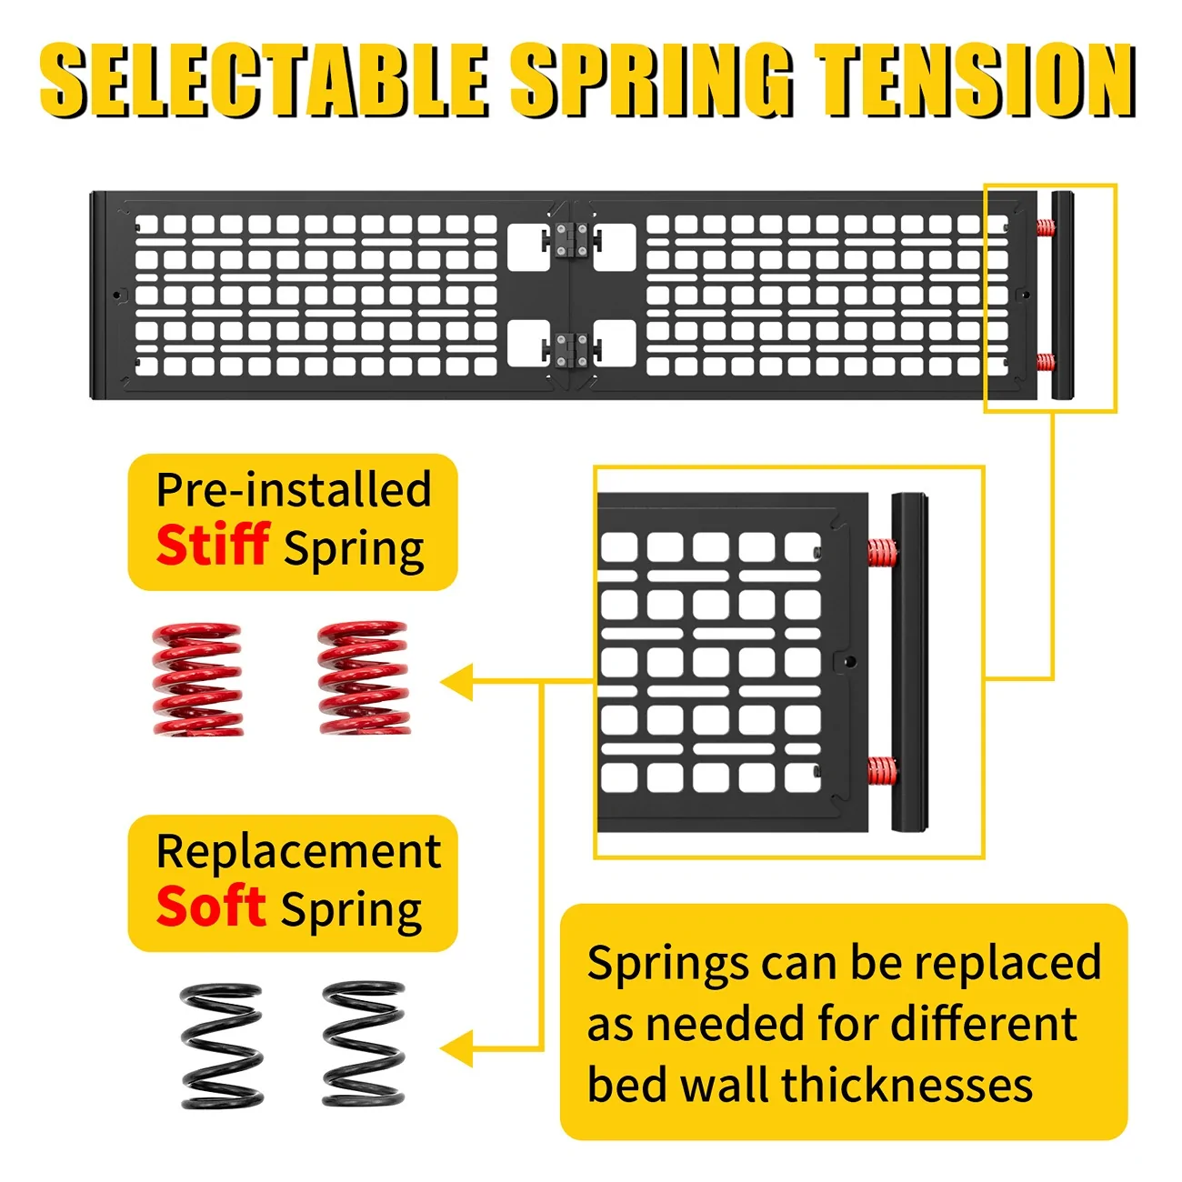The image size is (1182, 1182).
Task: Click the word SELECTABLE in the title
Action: click(265, 80)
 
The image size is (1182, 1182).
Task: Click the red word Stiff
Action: click(213, 544)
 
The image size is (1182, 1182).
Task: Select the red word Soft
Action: click(211, 905)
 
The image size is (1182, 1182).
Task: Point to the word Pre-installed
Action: click(295, 489)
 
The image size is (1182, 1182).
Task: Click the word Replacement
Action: click(299, 851)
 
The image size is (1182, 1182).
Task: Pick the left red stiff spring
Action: click(197, 679)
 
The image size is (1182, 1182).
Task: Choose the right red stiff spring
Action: click(364, 677)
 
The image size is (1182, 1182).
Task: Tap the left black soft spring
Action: click(222, 1046)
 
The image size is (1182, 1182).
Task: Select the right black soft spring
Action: click(364, 1044)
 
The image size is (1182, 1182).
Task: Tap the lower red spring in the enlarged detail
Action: click(882, 772)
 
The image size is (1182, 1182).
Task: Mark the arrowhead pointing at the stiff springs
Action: click(457, 682)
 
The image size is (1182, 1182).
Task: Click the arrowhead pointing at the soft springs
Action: click(457, 1048)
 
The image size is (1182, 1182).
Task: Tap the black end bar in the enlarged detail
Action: click(909, 662)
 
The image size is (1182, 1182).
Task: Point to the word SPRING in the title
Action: click(652, 80)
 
